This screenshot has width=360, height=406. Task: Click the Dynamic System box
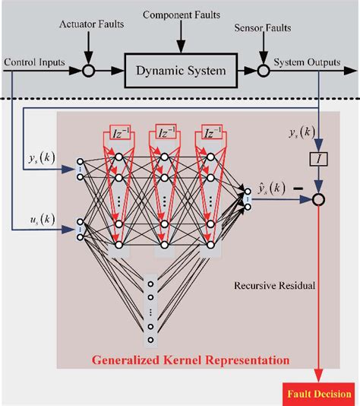click(181, 71)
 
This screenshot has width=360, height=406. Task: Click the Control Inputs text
click(33, 61)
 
